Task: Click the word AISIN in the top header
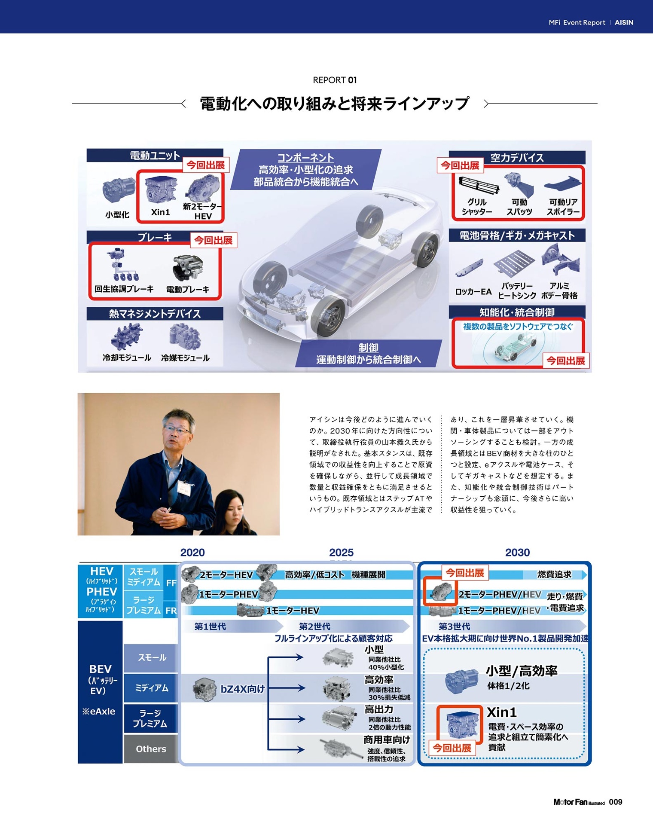[624, 22]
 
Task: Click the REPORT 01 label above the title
[335, 80]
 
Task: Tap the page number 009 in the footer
[616, 802]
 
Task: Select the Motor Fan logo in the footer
[579, 802]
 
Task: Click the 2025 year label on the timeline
[341, 553]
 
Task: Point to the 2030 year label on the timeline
[517, 553]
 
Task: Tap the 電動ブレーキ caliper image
[187, 268]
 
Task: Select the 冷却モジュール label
[127, 357]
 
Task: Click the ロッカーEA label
[473, 292]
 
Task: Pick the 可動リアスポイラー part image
[563, 183]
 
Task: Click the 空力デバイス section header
[517, 158]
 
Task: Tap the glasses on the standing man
[177, 430]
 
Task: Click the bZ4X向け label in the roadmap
[243, 689]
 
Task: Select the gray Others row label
[151, 749]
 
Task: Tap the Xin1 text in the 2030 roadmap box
[502, 712]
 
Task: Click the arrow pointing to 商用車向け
[286, 749]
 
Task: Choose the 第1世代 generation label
[210, 626]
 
